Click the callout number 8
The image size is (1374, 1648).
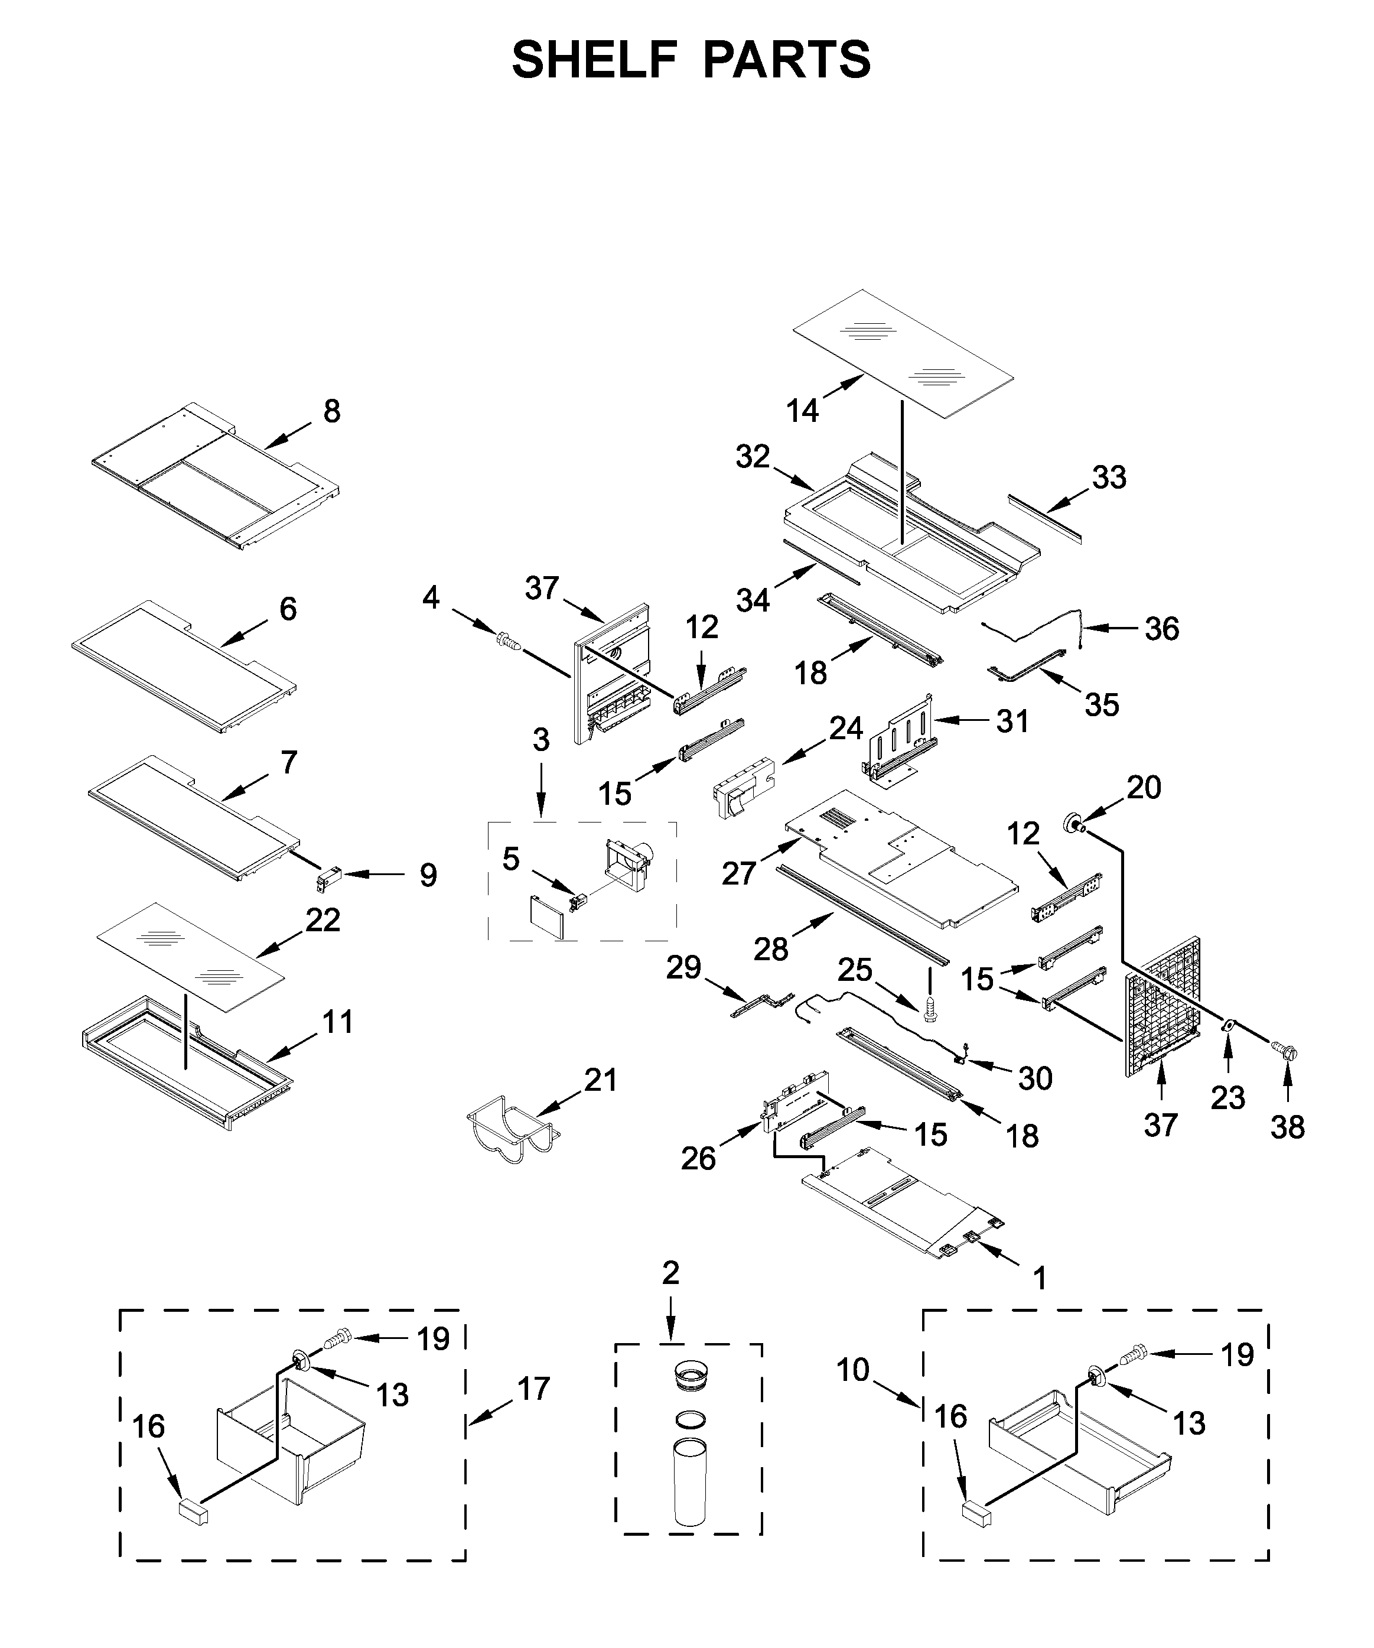(x=332, y=411)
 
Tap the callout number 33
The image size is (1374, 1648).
(x=1109, y=477)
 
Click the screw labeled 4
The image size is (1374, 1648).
(x=509, y=643)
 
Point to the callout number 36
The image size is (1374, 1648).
(x=1161, y=629)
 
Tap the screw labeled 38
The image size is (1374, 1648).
(x=1285, y=1049)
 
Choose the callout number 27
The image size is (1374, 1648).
(x=738, y=873)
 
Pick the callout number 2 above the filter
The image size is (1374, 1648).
(x=670, y=1273)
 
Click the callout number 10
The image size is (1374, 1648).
(x=853, y=1370)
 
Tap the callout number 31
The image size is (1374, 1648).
(x=1012, y=720)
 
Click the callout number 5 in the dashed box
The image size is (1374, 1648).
(x=511, y=859)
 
